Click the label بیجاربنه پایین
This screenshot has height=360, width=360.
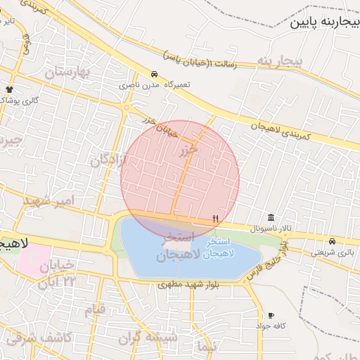pyautogui.click(x=325, y=21)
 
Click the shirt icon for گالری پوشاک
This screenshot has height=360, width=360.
pyautogui.click(x=9, y=89)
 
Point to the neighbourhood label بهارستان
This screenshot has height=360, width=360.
pyautogui.click(x=68, y=72)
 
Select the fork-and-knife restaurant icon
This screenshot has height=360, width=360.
pyautogui.click(x=215, y=219)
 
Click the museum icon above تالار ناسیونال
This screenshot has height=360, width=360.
pyautogui.click(x=271, y=217)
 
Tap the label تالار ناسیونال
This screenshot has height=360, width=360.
pyautogui.click(x=276, y=229)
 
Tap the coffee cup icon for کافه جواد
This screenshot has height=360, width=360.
pyautogui.click(x=271, y=316)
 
